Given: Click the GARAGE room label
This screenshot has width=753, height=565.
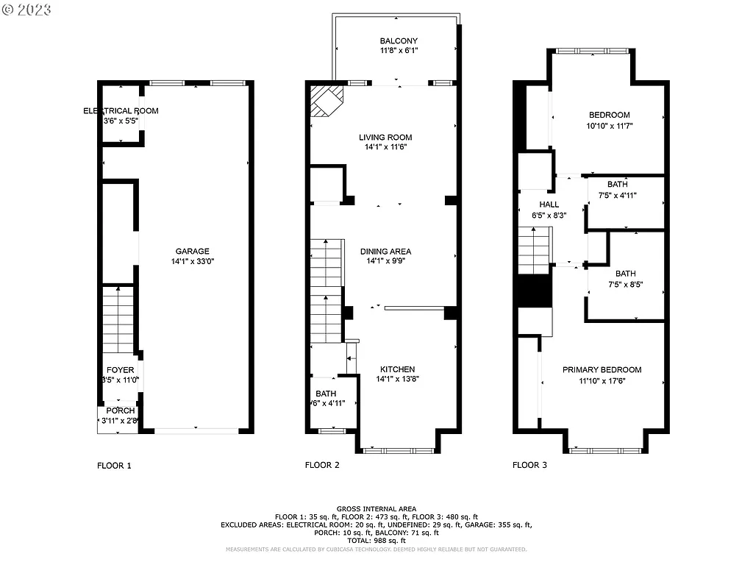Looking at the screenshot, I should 192,251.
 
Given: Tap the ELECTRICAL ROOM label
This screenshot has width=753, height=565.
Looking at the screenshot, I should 121,111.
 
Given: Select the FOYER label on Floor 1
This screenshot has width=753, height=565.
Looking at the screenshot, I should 121,370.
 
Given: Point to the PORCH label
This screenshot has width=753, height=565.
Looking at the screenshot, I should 121,411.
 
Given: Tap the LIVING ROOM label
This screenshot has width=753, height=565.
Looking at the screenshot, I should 385,138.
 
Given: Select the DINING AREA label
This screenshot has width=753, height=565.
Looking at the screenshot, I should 385,252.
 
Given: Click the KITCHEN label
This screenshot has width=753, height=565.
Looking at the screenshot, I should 398,369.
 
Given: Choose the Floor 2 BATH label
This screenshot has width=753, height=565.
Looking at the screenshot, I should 326,394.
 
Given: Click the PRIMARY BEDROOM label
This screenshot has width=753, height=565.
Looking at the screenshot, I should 602,370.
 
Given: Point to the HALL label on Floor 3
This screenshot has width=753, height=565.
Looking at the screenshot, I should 549,205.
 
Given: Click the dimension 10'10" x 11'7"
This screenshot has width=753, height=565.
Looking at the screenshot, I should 609,126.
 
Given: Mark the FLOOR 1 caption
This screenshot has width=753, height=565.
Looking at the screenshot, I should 115,465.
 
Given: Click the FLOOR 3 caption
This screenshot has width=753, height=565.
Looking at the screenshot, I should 529,465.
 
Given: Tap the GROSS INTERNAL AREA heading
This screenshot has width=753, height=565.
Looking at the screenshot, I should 376,509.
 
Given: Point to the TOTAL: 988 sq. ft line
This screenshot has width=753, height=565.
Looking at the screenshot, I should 376,541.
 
